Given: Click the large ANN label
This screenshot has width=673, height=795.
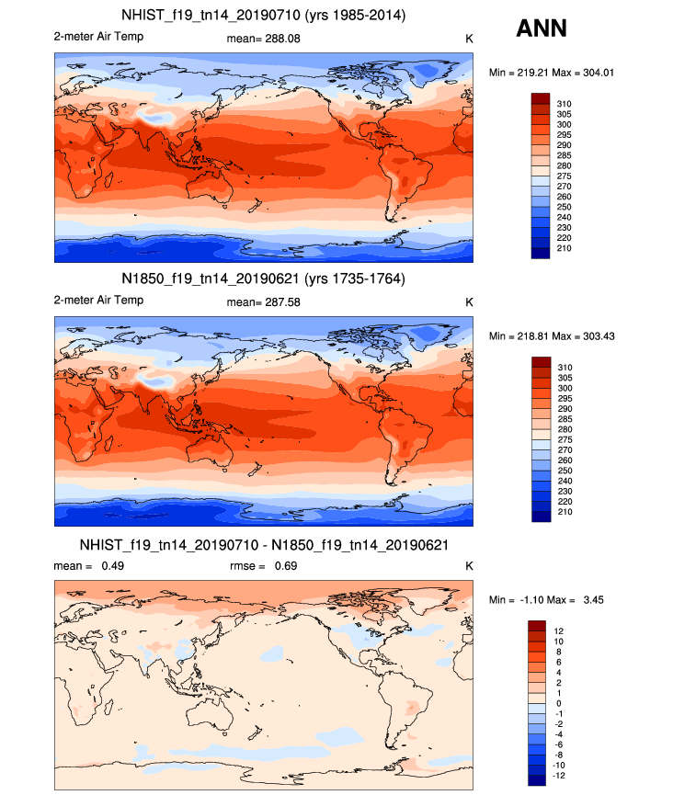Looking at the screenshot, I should pyautogui.click(x=542, y=28).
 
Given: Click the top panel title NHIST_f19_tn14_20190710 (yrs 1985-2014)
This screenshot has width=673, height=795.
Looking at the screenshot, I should pyautogui.click(x=264, y=16).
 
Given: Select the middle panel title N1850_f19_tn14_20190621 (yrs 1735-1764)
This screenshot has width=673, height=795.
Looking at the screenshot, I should pyautogui.click(x=264, y=278).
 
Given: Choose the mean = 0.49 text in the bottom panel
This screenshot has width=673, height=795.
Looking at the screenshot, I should pyautogui.click(x=89, y=565).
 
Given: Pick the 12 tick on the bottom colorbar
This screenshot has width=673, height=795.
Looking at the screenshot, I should pyautogui.click(x=559, y=630).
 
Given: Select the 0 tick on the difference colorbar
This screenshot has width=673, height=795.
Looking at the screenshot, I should pyautogui.click(x=557, y=704).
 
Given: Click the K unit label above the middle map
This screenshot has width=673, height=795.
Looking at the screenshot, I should pyautogui.click(x=469, y=302).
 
